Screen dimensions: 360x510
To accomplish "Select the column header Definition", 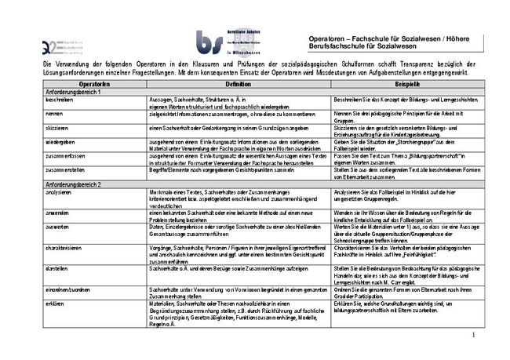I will click(239, 82).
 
